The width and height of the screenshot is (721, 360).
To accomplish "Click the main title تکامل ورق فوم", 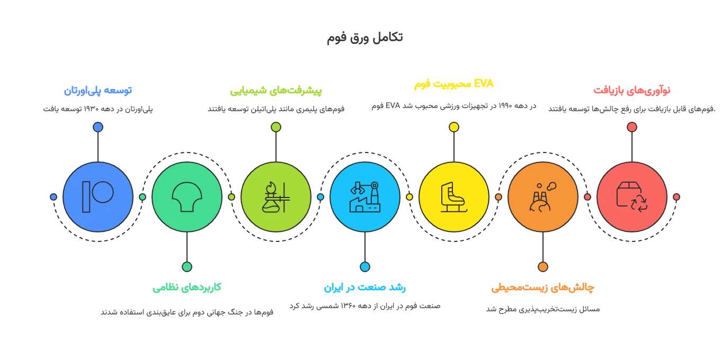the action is pyautogui.click(x=364, y=38).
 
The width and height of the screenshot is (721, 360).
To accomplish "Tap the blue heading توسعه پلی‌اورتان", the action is pyautogui.click(x=98, y=91).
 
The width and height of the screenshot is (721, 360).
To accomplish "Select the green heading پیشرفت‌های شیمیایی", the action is pyautogui.click(x=276, y=91).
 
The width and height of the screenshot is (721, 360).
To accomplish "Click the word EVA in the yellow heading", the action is pyautogui.click(x=484, y=84).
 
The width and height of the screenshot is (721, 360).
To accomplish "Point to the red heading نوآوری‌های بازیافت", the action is pyautogui.click(x=632, y=91).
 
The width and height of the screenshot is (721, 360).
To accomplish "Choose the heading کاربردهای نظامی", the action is pyautogui.click(x=187, y=287).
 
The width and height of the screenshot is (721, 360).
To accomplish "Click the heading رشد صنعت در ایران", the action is pyautogui.click(x=364, y=287).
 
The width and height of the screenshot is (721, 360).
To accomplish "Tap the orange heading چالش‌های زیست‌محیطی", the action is pyautogui.click(x=542, y=287).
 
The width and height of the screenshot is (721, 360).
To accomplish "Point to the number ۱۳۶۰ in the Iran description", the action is pyautogui.click(x=348, y=305).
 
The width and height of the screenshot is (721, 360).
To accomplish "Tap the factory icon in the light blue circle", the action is pyautogui.click(x=365, y=197).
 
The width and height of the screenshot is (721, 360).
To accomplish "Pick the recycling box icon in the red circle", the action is pyautogui.click(x=632, y=197).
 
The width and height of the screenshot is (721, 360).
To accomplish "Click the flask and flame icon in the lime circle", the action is pyautogui.click(x=276, y=197).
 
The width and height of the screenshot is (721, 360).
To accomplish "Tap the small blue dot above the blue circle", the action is pyautogui.click(x=98, y=127).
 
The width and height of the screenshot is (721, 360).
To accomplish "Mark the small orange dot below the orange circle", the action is pyautogui.click(x=543, y=267).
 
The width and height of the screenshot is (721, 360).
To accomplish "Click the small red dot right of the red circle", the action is pyautogui.click(x=677, y=197).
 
